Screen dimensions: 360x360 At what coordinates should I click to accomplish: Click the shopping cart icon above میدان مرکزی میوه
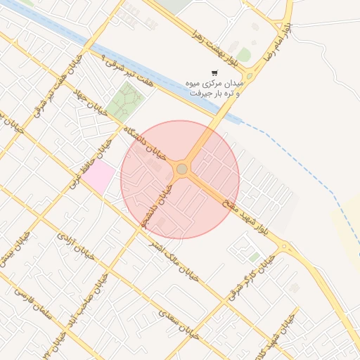(214, 72)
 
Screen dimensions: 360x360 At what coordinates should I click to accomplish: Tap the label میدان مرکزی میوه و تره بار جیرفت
(214, 87)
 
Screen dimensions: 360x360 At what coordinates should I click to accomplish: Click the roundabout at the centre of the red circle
(182, 169)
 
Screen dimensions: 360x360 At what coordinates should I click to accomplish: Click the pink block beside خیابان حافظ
(98, 176)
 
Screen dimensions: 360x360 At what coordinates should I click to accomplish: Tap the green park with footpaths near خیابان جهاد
(124, 101)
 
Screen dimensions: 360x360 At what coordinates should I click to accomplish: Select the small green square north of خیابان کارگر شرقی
(254, 257)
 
